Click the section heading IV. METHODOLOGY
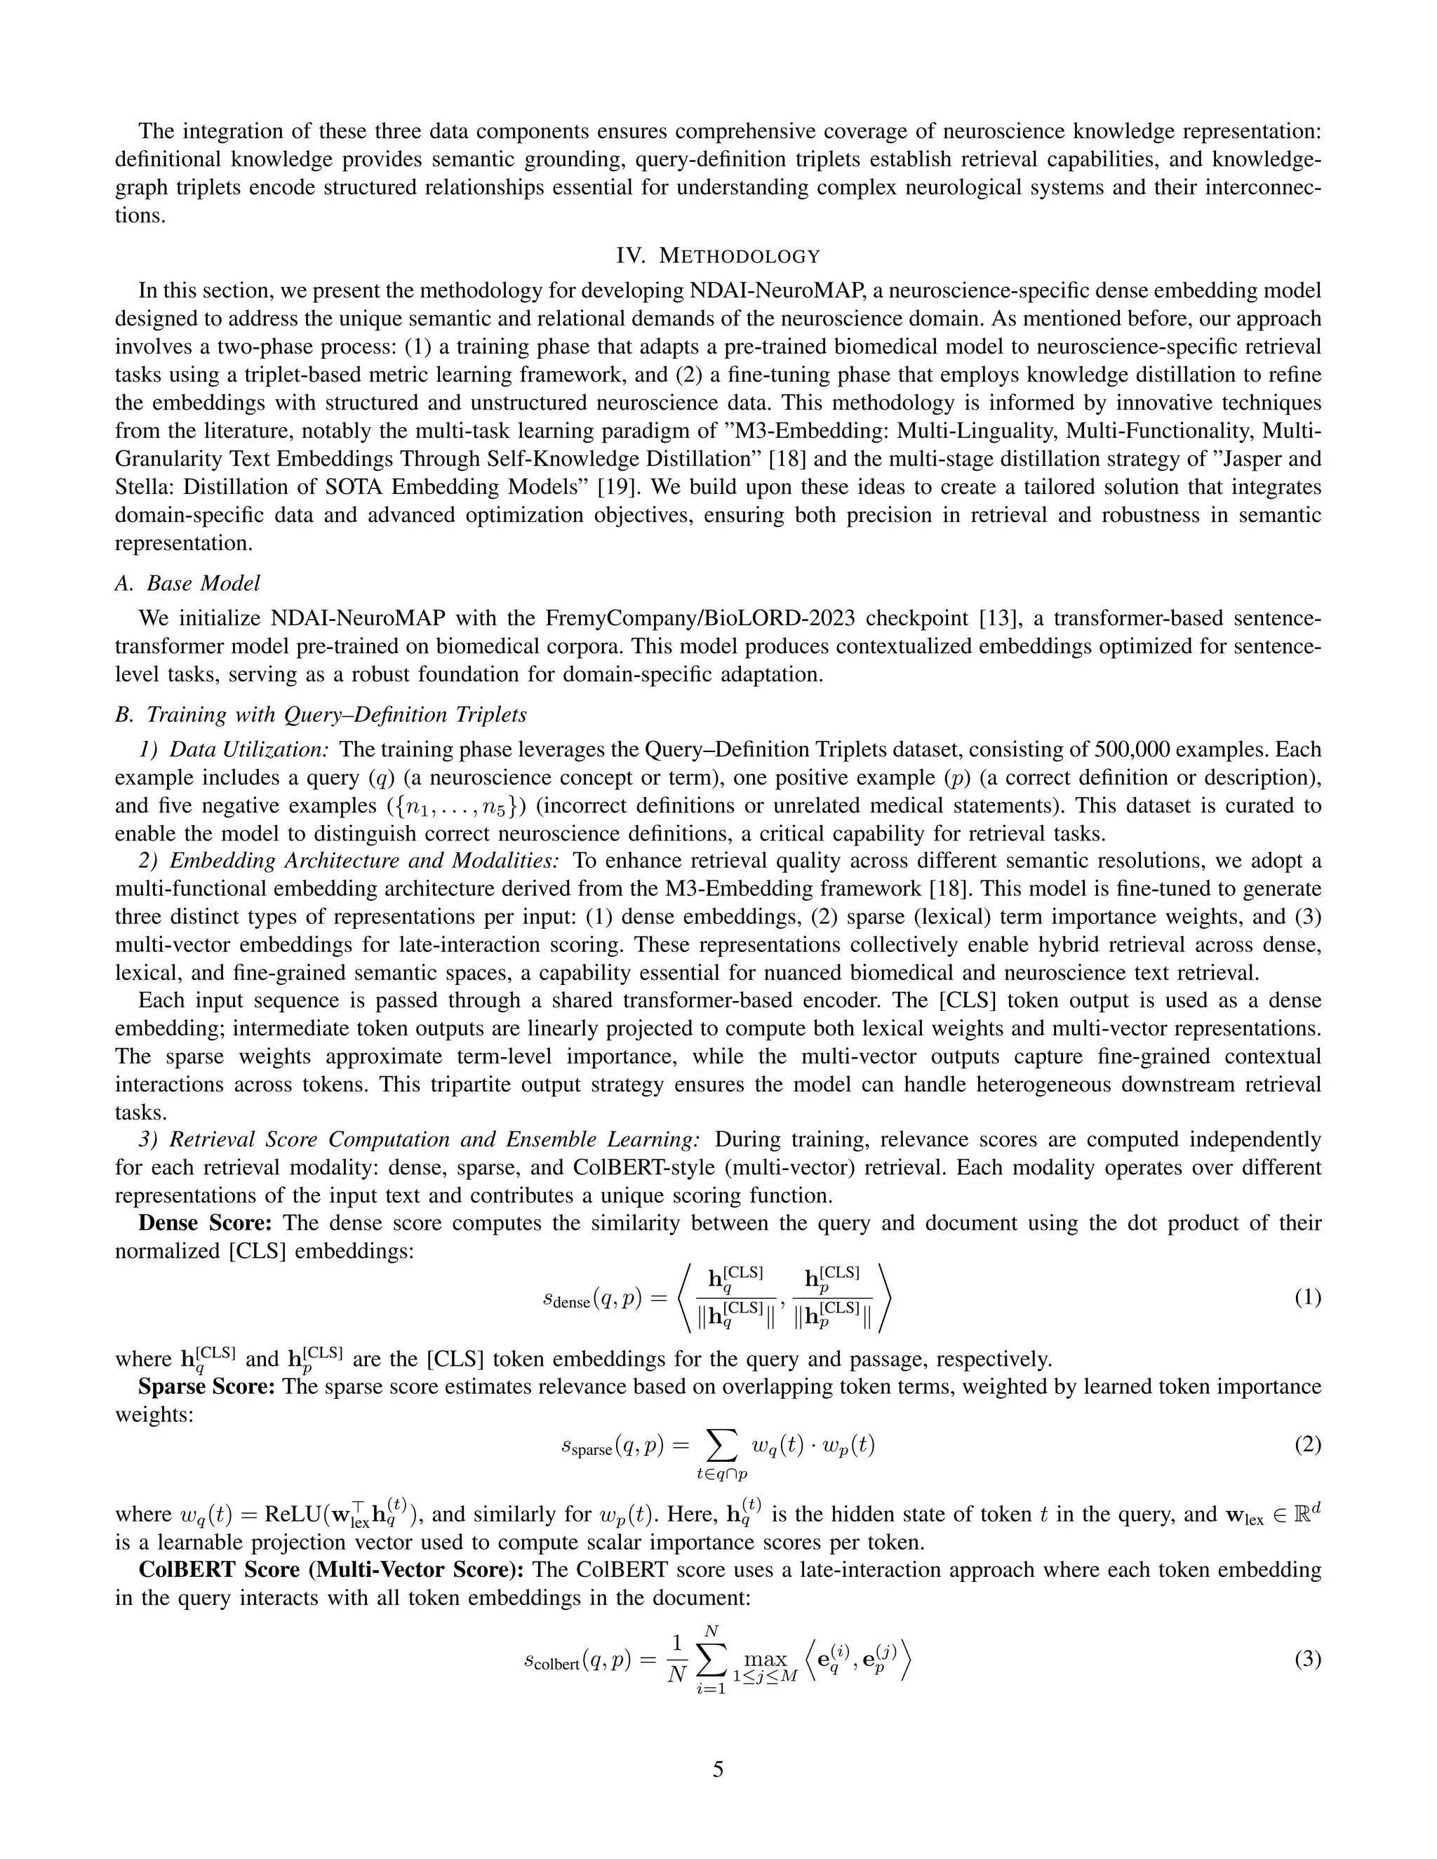[x=718, y=256]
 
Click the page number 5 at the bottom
[x=718, y=1770]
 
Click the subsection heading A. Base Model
[x=187, y=583]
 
